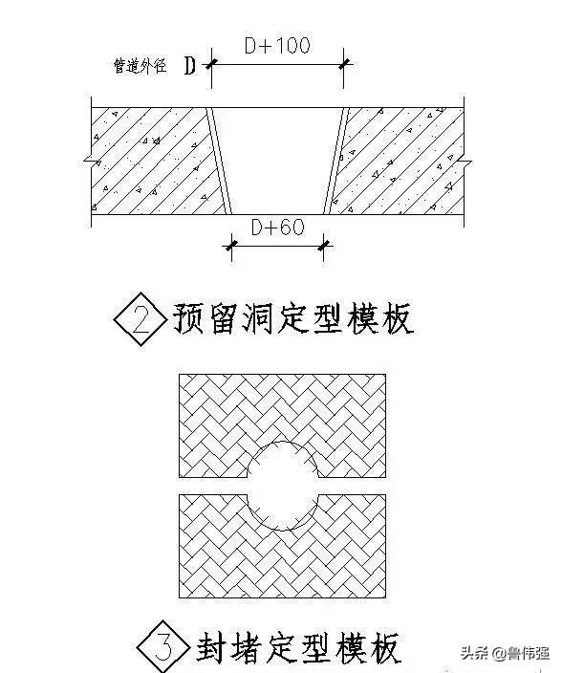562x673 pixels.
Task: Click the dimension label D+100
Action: click(x=277, y=46)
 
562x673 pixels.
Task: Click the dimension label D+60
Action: click(x=278, y=228)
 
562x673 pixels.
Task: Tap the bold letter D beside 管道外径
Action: click(x=190, y=66)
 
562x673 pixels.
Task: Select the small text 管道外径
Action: click(x=140, y=66)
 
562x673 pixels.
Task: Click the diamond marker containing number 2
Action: click(x=140, y=319)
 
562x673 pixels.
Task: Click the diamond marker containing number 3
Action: click(x=163, y=647)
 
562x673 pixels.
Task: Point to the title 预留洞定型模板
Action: click(x=293, y=319)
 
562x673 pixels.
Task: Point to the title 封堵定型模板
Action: click(x=298, y=647)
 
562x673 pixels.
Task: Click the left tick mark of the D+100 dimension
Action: click(x=211, y=64)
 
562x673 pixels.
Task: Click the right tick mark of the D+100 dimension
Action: click(x=344, y=64)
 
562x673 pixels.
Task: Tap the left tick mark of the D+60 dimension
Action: click(x=231, y=246)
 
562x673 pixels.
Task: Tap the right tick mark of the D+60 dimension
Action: click(x=324, y=246)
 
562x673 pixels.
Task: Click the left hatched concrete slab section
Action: click(x=155, y=161)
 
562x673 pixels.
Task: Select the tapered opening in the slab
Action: click(x=277, y=161)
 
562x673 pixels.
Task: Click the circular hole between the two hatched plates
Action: click(x=283, y=486)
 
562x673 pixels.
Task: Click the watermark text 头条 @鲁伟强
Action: click(x=505, y=653)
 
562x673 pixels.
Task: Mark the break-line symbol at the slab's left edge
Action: click(x=92, y=163)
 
